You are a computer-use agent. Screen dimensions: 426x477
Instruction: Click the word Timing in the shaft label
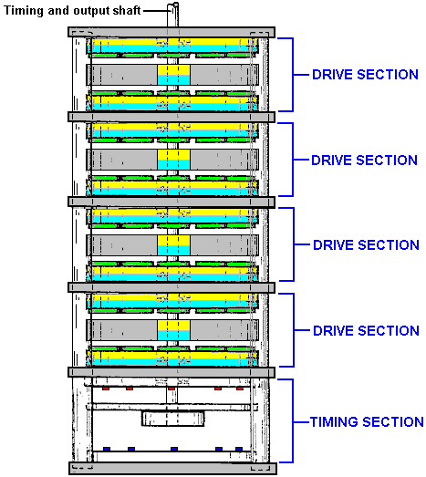(x=24, y=11)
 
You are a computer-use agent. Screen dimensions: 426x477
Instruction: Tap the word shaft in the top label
(x=127, y=10)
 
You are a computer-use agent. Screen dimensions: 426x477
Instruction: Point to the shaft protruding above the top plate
(x=172, y=15)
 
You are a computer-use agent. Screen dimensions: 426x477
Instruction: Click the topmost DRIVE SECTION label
(x=365, y=75)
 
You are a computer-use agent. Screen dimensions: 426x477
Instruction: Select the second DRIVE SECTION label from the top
(x=364, y=160)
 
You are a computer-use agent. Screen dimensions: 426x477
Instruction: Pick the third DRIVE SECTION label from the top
(x=366, y=245)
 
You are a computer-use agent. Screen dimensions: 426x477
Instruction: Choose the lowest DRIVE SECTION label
(x=366, y=331)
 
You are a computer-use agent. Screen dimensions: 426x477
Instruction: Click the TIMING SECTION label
(x=367, y=422)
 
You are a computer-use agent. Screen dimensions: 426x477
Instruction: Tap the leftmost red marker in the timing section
(x=106, y=389)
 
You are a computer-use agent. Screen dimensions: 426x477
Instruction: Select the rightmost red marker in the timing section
(x=240, y=389)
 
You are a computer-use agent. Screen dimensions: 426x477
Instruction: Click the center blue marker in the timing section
(x=174, y=449)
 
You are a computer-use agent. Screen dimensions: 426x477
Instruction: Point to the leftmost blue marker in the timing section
(x=107, y=449)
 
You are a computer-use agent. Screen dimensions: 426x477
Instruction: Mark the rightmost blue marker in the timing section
(x=239, y=449)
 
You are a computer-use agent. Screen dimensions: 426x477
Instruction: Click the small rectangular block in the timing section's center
(x=172, y=419)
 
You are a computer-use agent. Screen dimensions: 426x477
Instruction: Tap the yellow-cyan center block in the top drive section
(x=173, y=75)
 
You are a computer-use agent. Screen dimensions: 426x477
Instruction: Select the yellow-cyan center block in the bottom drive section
(x=173, y=330)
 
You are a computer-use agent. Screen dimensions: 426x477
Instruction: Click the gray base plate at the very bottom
(x=172, y=468)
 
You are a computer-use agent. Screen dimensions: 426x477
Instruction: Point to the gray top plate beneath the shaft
(x=171, y=32)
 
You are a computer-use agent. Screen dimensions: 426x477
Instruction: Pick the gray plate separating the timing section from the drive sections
(x=171, y=372)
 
